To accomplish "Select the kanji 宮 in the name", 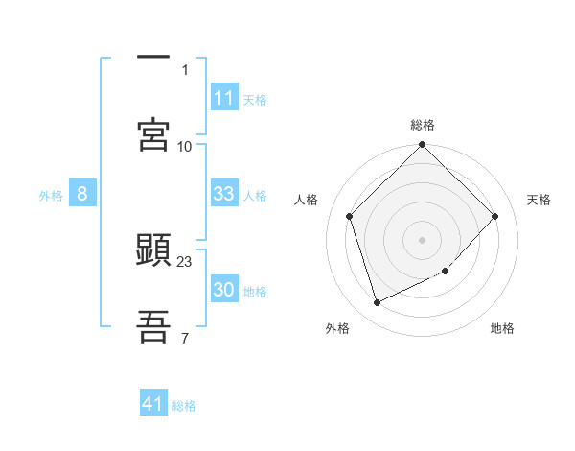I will tap(154, 135).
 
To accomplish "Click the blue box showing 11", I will tap(223, 98).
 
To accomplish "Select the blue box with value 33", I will tap(223, 194).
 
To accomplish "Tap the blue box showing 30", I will tap(223, 290).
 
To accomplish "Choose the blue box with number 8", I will tap(82, 194).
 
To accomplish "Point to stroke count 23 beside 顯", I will tap(185, 261).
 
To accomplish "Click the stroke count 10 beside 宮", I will tap(185, 146).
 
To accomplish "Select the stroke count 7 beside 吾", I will tap(185, 337).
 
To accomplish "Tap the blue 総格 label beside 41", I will tap(184, 406).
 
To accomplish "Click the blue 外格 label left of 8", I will tap(51, 196).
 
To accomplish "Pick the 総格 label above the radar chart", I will tap(423, 125).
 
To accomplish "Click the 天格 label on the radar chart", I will tap(540, 200).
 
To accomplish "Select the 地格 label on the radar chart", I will tap(502, 328).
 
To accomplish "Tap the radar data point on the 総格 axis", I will tap(423, 146).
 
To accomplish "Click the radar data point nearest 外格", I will tap(377, 303).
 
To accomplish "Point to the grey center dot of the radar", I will tap(423, 239).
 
